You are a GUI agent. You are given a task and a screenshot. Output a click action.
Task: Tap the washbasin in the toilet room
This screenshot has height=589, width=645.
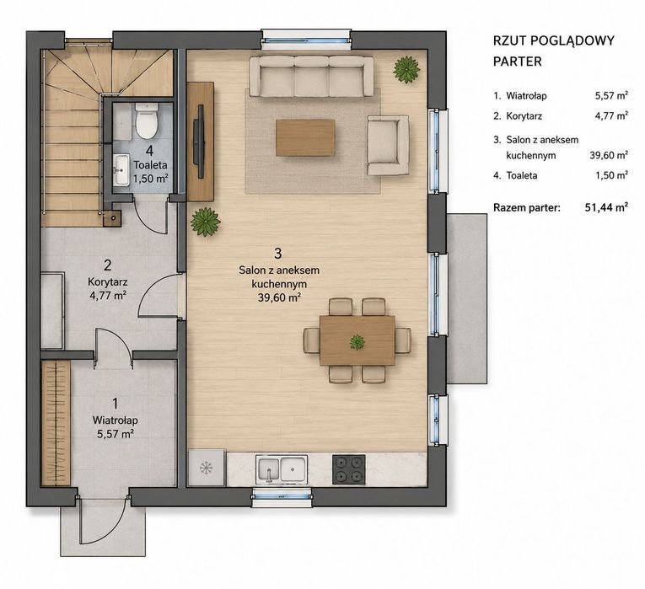pyautogui.click(x=121, y=169)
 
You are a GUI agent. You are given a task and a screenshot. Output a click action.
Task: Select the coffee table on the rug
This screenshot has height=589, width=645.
pyautogui.click(x=305, y=137)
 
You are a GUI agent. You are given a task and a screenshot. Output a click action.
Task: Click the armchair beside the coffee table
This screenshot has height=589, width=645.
pyautogui.click(x=388, y=145)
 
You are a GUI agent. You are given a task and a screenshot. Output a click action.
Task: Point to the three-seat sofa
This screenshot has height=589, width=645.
pyautogui.click(x=312, y=77)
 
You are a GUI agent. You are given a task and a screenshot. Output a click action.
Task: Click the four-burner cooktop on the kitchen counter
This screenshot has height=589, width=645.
pyautogui.click(x=348, y=469)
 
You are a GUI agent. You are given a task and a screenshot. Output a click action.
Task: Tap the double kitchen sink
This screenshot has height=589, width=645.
pyautogui.click(x=282, y=469)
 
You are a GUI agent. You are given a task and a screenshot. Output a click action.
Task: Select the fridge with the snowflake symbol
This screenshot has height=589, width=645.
pyautogui.click(x=207, y=468)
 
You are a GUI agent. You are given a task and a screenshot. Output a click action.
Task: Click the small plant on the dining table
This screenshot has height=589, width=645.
pyautogui.click(x=357, y=341)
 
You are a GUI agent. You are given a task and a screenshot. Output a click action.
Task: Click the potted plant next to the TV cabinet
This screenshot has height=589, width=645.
pyautogui.click(x=205, y=222)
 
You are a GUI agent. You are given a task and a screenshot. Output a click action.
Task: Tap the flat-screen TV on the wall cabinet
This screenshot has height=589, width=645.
pyautogui.click(x=201, y=142)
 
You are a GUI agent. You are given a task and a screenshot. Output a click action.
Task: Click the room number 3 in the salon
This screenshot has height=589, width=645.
pyautogui.click(x=278, y=254)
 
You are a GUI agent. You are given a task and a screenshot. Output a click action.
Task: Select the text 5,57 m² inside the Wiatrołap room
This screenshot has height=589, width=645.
pyautogui.click(x=116, y=434)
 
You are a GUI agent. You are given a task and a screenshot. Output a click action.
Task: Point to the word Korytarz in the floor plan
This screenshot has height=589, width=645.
pyautogui.click(x=107, y=282)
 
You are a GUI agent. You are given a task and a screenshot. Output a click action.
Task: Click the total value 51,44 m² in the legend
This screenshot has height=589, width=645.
pyautogui.click(x=606, y=207)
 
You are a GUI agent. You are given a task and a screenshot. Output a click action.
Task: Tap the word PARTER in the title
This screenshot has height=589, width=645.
pyautogui.click(x=518, y=62)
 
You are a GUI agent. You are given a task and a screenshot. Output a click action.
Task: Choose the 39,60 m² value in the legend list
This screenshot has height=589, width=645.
pyautogui.click(x=609, y=155)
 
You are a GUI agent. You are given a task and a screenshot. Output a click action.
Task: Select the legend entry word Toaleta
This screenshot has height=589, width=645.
pyautogui.click(x=522, y=175)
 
